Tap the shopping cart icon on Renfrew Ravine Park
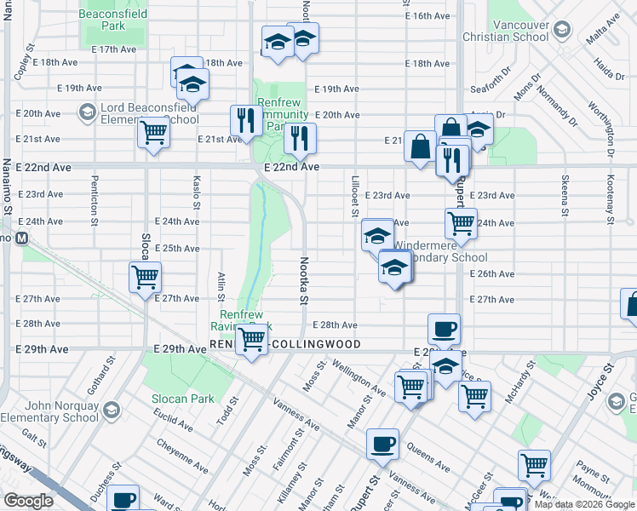tap(251, 339)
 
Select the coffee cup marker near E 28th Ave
tap(444, 328)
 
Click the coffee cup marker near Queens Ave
tap(382, 443)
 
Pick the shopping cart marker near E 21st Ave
tap(153, 132)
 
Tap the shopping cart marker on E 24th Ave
tap(461, 223)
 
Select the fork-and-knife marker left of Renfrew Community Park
tap(244, 120)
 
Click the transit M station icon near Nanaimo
tap(22, 237)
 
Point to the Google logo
tap(28, 501)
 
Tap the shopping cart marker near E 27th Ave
tap(145, 277)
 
